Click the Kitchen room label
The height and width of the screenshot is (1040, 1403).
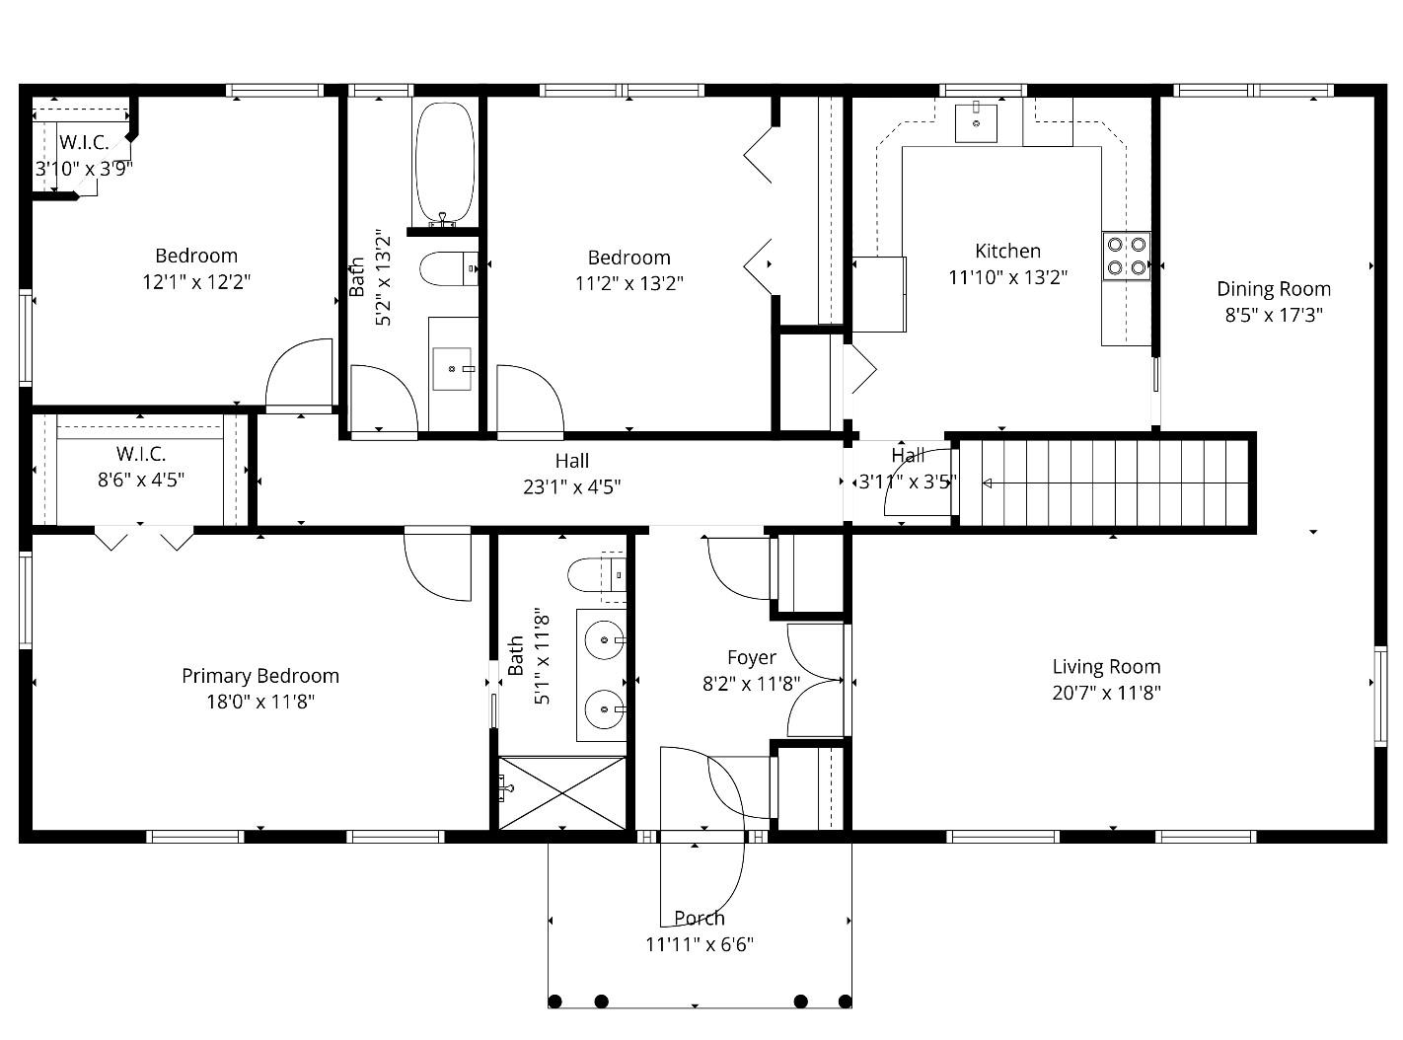pos(1007,252)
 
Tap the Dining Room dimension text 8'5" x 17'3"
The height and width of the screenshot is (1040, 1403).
pos(1274,315)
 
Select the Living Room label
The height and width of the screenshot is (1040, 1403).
pos(1106,667)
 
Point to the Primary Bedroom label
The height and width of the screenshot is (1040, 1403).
pos(259,676)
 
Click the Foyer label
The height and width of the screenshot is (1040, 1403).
pos(752,658)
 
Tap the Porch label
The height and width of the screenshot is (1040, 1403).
pos(699,918)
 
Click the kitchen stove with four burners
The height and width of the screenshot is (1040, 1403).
pos(1126,256)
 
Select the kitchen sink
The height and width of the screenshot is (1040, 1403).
pos(976,122)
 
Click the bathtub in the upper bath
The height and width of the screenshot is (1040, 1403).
pos(444,163)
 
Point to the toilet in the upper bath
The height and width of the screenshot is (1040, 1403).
pos(449,268)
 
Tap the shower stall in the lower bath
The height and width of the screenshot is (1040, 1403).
pos(561,792)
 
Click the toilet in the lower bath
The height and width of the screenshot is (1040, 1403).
pos(597,574)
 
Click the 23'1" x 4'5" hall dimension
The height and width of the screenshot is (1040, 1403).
pos(572,487)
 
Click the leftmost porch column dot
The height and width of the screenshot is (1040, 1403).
pos(554,1002)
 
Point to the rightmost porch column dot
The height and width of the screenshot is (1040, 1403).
pos(845,1002)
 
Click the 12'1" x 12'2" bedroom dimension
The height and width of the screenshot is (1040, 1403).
pos(196,282)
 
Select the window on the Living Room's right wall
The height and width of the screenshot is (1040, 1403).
pos(1381,696)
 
